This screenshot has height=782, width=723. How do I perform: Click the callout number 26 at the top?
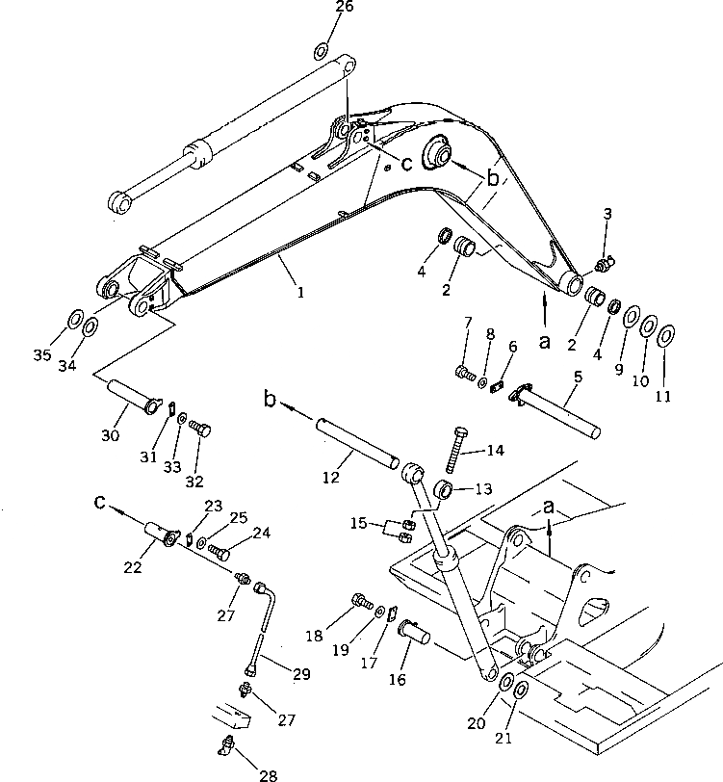pyautogui.click(x=318, y=8)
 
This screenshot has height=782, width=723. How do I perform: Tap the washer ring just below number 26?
pyautogui.click(x=322, y=50)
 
